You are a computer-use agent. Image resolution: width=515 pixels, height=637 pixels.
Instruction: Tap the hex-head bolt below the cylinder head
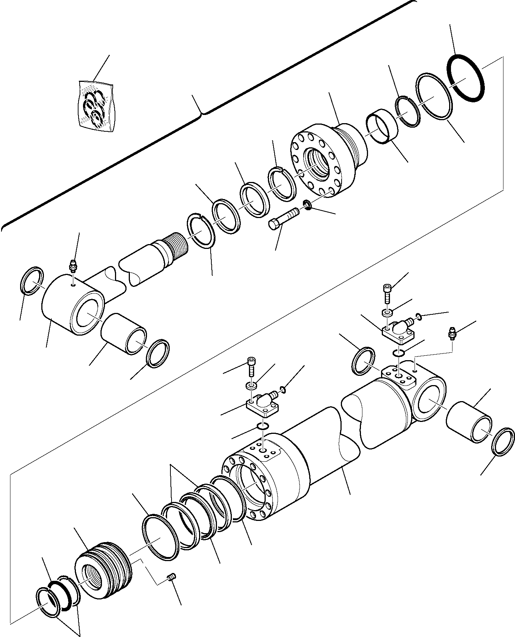point(283,219)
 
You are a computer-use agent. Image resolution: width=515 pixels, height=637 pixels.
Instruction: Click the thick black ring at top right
point(465,78)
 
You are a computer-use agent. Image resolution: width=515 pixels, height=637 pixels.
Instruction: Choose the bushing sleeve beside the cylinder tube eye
point(469,422)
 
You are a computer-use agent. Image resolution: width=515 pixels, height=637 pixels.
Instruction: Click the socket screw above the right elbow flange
point(387,292)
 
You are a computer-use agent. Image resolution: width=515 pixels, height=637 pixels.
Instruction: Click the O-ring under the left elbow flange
point(263,426)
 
